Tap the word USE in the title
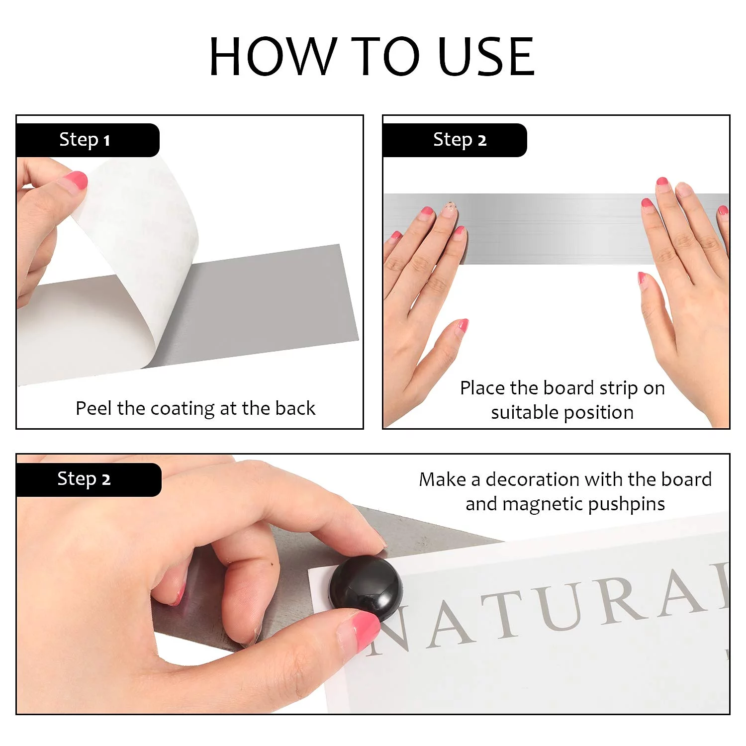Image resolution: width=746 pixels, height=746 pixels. click(486, 56)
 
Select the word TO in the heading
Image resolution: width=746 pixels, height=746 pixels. click(385, 56)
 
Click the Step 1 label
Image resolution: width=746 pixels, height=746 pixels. click(85, 140)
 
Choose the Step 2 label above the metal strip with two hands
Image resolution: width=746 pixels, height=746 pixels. click(460, 140)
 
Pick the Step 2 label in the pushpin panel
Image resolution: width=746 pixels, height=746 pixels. click(84, 479)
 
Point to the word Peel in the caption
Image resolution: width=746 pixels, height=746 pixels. click(94, 408)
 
